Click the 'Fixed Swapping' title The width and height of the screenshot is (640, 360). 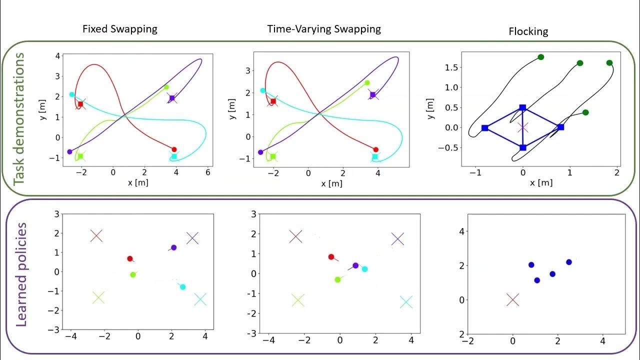(119, 29)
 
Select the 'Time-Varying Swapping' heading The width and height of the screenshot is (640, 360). (324, 29)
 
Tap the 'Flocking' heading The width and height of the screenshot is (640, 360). (528, 31)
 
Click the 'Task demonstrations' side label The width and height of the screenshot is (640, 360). (19, 118)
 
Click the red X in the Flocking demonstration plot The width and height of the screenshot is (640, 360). (523, 127)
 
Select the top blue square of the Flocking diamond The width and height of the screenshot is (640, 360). (522, 107)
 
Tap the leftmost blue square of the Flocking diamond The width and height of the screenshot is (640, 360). (484, 128)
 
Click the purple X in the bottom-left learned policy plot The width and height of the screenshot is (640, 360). (192, 238)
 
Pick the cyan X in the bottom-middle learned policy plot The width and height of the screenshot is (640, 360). (406, 302)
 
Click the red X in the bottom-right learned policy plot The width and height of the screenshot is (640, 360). (512, 300)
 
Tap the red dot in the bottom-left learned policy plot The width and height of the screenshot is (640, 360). (130, 258)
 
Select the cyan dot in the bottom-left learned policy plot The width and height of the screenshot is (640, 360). (182, 287)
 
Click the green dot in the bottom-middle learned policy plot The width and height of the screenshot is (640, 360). (337, 279)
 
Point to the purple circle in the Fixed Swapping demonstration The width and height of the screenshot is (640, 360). (69, 151)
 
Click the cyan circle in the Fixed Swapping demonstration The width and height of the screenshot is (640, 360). (71, 94)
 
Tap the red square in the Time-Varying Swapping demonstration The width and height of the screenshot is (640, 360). (273, 101)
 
